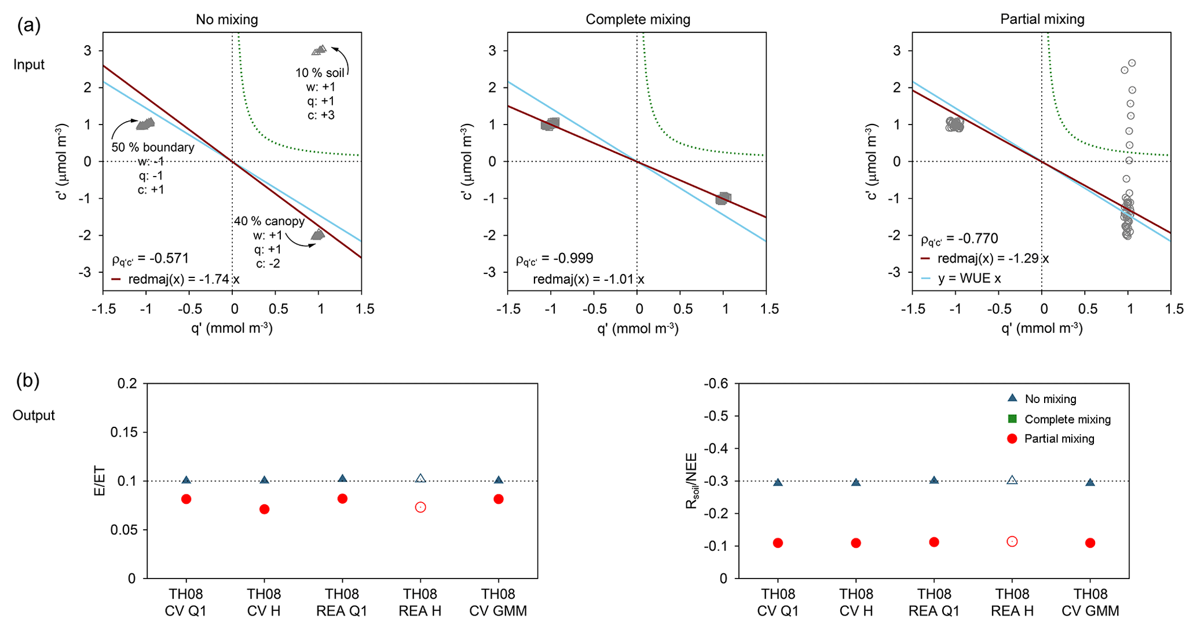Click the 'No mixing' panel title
pyautogui.click(x=226, y=20)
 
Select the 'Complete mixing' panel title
pyautogui.click(x=638, y=20)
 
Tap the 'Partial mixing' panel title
pyautogui.click(x=1042, y=20)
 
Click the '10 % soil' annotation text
pyautogui.click(x=320, y=73)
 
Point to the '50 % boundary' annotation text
pyautogui.click(x=152, y=147)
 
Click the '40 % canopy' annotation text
pyautogui.click(x=269, y=221)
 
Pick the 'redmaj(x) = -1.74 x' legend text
pyautogui.click(x=184, y=279)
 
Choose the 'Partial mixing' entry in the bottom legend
pyautogui.click(x=1059, y=439)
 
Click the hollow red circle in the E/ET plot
pyautogui.click(x=420, y=507)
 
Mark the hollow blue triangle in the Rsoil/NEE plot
pyautogui.click(x=1012, y=480)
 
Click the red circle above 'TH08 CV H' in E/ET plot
pyautogui.click(x=264, y=509)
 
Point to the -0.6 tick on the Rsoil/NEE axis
pyautogui.click(x=716, y=383)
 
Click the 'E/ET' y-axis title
pyautogui.click(x=100, y=481)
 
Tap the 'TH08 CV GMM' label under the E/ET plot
pyautogui.click(x=498, y=602)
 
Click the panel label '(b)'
pyautogui.click(x=28, y=380)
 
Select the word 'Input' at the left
pyautogui.click(x=29, y=64)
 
